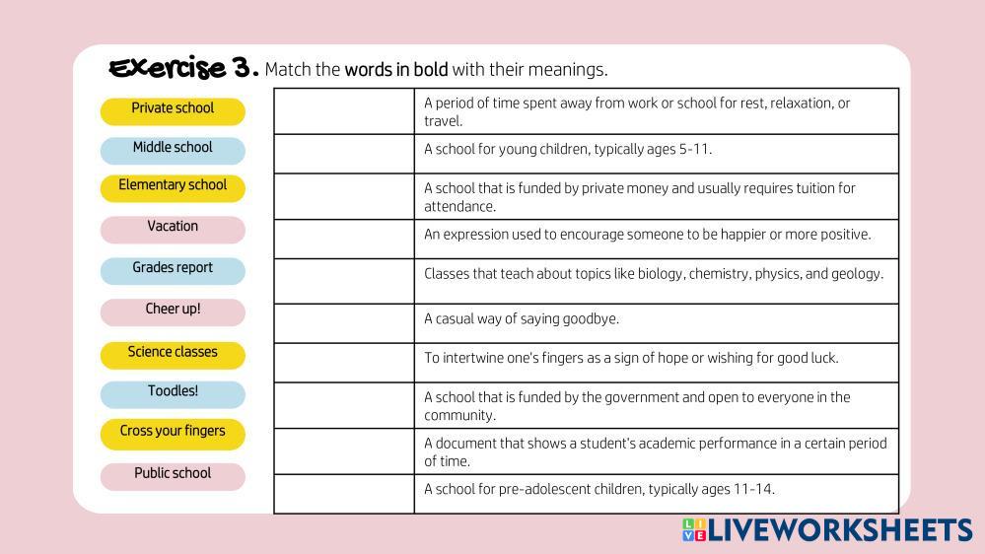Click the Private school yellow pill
[x=173, y=111]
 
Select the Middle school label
[x=173, y=150]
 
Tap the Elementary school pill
[x=173, y=188]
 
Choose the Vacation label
[x=173, y=230]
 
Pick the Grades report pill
[x=173, y=271]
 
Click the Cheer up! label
[x=173, y=312]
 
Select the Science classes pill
[x=173, y=355]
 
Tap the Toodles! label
[x=173, y=394]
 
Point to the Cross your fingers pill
[x=173, y=434]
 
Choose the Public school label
[x=173, y=476]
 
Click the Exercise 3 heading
[x=183, y=68]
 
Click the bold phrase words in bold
[x=396, y=69]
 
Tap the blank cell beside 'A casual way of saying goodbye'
[x=344, y=323]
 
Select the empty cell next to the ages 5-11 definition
[x=344, y=154]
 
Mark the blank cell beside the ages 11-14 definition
[x=344, y=494]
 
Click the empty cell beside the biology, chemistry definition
[x=344, y=281]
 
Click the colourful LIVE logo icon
[x=694, y=529]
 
